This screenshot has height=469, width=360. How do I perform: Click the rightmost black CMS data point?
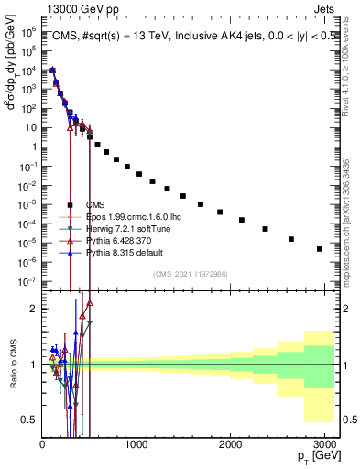click(319, 248)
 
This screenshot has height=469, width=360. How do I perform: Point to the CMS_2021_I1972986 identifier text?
click(191, 274)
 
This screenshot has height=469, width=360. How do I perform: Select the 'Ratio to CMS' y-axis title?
click(12, 364)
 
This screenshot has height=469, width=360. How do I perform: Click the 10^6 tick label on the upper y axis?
click(27, 30)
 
